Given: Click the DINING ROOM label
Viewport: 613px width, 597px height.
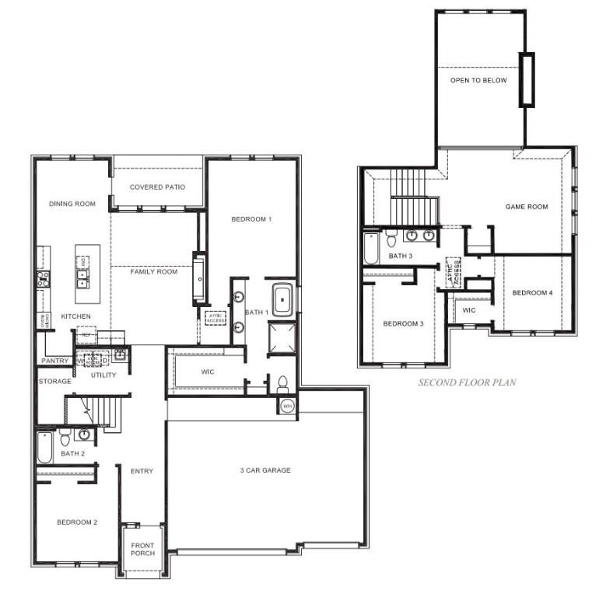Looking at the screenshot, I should pyautogui.click(x=72, y=204).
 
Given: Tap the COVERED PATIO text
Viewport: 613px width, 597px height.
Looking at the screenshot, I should pyautogui.click(x=157, y=187).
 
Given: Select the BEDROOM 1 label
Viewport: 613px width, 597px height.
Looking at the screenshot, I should pyautogui.click(x=251, y=219).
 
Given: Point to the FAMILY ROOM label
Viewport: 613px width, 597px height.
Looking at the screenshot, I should pyautogui.click(x=153, y=271).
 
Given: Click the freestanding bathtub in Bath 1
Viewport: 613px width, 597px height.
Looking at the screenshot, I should pyautogui.click(x=282, y=298).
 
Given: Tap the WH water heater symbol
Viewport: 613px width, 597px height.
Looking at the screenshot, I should pyautogui.click(x=286, y=406).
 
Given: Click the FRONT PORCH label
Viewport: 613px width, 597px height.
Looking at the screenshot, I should pyautogui.click(x=142, y=548).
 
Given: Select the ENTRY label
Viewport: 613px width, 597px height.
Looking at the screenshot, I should pyautogui.click(x=142, y=471).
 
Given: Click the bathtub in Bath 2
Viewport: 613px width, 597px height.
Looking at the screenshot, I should pyautogui.click(x=45, y=448).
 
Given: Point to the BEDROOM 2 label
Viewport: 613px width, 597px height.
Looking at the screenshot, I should pyautogui.click(x=77, y=522).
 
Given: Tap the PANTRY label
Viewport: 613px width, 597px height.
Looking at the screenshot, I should pyautogui.click(x=55, y=361).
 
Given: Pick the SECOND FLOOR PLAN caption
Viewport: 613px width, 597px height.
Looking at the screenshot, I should pyautogui.click(x=467, y=382).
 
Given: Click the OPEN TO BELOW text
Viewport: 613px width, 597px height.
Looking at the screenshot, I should pyautogui.click(x=478, y=80).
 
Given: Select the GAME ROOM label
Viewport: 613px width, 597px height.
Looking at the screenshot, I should pyautogui.click(x=527, y=207).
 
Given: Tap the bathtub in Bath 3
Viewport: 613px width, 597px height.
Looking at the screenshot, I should pyautogui.click(x=371, y=248).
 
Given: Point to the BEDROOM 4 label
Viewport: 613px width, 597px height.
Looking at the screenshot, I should pyautogui.click(x=532, y=292).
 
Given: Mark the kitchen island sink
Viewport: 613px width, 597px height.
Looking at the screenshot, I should pyautogui.click(x=82, y=266).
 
